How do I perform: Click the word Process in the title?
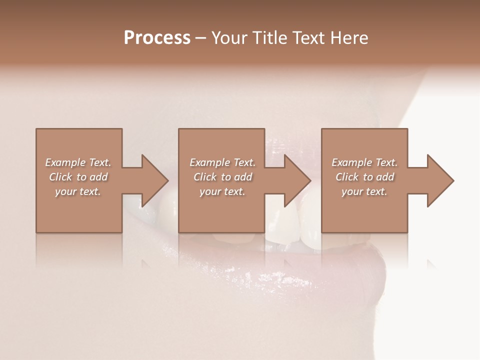[157, 38]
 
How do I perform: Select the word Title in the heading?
[271, 38]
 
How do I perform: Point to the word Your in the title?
[230, 38]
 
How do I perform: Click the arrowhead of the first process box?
[154, 180]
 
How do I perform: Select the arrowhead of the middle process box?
[297, 180]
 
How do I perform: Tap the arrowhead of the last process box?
[440, 180]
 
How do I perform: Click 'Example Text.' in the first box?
[78, 162]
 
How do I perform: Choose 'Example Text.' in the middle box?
[222, 162]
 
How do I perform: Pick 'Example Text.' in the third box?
[364, 162]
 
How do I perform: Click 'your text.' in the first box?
[78, 191]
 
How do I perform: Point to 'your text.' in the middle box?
[222, 191]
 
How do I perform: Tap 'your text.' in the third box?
[364, 191]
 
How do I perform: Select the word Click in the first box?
[60, 177]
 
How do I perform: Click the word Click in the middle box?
[205, 177]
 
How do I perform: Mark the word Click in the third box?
[347, 177]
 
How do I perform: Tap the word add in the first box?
[98, 177]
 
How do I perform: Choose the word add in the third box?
[385, 177]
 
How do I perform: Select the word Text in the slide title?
[309, 38]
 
